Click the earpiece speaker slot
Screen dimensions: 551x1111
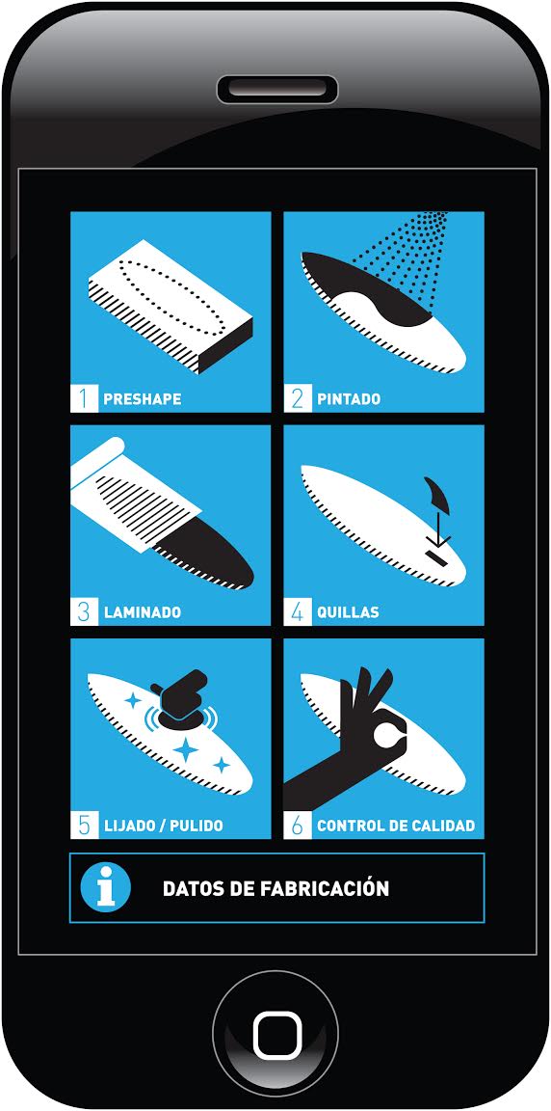(x=275, y=90)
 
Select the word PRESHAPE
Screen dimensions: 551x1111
(x=143, y=399)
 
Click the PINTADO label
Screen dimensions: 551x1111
(x=349, y=399)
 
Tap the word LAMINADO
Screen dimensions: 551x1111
(x=143, y=612)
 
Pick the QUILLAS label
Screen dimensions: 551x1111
(x=348, y=612)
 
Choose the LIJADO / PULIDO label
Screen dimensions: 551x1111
(x=164, y=826)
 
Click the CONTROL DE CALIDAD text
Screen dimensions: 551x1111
(x=396, y=826)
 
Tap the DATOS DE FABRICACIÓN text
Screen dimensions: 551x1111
(x=275, y=888)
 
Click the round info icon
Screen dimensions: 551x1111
(x=105, y=888)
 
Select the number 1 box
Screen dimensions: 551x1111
(x=84, y=398)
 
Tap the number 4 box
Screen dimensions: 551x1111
(x=297, y=612)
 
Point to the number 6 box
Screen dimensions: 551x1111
(x=297, y=826)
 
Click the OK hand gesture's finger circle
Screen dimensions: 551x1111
(x=385, y=734)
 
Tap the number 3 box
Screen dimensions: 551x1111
(x=84, y=612)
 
